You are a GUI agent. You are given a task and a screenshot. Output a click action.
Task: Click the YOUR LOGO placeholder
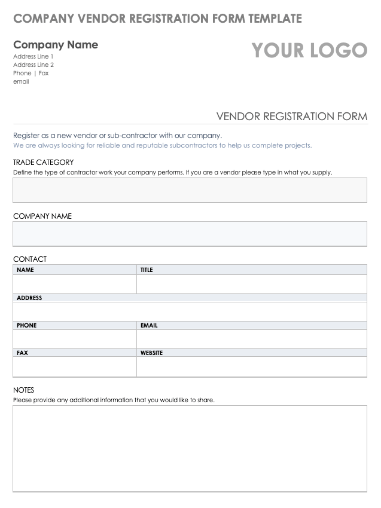tap(309, 51)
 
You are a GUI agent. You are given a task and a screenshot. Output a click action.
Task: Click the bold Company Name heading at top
tap(56, 45)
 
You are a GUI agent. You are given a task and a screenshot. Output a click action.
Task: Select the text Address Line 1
tap(33, 57)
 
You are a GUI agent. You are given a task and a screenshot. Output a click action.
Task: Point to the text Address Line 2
tap(33, 65)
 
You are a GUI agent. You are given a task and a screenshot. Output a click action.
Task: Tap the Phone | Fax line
tap(31, 74)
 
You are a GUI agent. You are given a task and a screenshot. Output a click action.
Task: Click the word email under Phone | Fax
tap(21, 82)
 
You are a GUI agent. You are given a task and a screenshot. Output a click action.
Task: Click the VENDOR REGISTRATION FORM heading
tap(291, 116)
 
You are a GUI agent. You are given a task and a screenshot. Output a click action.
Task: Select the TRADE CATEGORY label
tap(44, 162)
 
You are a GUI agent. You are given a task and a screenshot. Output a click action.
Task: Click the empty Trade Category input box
tap(190, 190)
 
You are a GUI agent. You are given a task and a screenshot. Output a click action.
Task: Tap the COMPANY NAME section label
tap(42, 216)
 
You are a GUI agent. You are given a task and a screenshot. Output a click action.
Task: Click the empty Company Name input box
tap(190, 234)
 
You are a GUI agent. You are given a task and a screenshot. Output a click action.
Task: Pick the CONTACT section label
tap(30, 259)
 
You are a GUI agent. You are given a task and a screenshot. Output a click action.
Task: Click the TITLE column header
tap(147, 270)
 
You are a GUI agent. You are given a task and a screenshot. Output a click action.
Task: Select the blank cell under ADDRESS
tap(190, 311)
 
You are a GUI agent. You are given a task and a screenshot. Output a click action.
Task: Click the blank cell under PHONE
tap(75, 339)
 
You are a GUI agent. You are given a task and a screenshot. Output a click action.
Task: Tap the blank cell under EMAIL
tap(251, 339)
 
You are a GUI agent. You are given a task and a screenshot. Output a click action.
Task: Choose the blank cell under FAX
tap(75, 366)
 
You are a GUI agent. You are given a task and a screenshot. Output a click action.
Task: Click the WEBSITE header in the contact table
tap(152, 353)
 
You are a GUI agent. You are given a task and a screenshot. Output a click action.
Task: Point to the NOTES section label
tap(24, 390)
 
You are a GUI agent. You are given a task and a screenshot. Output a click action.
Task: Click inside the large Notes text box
tap(190, 448)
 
